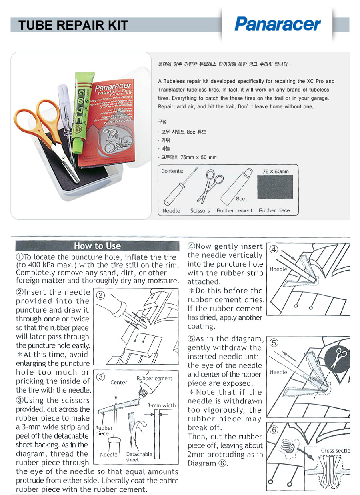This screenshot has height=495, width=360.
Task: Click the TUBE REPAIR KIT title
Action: pos(73,25)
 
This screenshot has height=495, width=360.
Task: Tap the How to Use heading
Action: pos(97,246)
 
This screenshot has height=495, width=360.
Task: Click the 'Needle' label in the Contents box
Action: pos(171,211)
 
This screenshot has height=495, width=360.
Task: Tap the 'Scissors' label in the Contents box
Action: pos(200,211)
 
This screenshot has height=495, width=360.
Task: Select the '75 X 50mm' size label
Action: pos(276,172)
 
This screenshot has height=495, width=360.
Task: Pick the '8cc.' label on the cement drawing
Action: pos(241,199)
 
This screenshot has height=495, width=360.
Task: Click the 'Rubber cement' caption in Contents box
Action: pos(235,211)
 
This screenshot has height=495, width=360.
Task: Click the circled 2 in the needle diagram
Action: pos(101,295)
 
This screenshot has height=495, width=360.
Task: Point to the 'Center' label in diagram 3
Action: pos(118,382)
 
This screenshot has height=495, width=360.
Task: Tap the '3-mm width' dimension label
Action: pos(161,405)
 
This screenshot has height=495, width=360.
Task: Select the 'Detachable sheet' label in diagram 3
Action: pos(139,457)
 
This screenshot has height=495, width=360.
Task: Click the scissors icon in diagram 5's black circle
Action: pos(341,354)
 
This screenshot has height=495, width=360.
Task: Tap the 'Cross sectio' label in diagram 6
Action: pos(335,451)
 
